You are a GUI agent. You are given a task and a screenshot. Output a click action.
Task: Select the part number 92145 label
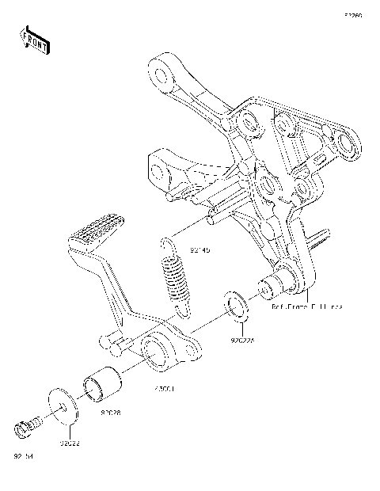[200, 250]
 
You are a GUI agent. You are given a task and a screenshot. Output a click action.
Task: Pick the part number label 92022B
[244, 341]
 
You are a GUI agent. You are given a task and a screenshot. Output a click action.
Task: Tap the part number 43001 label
[164, 390]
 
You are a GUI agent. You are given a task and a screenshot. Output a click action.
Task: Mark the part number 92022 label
[68, 443]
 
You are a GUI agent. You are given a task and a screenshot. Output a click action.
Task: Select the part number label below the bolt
[23, 456]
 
